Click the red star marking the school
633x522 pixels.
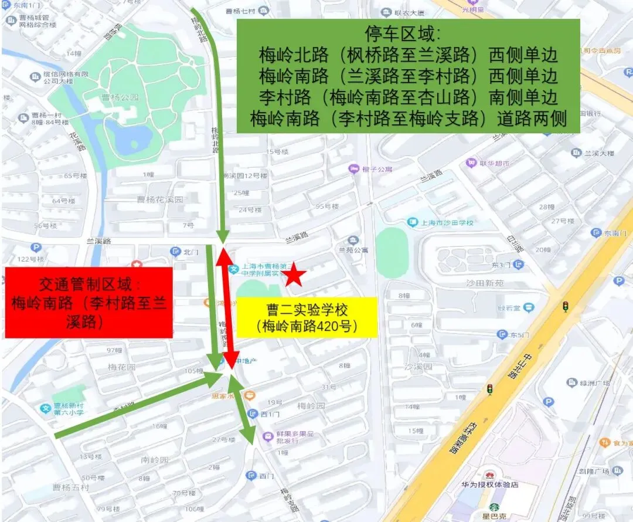[295, 274]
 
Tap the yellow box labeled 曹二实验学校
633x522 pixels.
[306, 317]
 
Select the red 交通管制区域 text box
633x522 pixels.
[89, 303]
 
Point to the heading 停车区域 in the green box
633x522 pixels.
[408, 33]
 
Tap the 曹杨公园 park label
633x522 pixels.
[120, 97]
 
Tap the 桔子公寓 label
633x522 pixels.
[377, 169]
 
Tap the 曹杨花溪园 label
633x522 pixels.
[160, 199]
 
